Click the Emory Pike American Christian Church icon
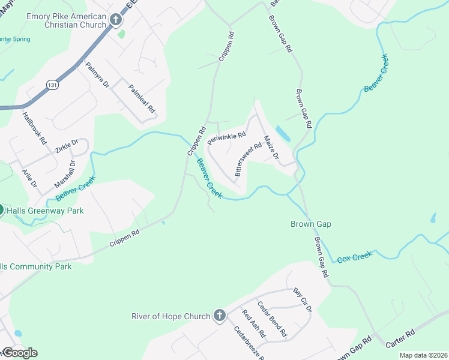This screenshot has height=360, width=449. click(116, 20)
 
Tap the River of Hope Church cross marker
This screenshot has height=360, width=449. click(220, 316)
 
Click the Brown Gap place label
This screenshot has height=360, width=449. click(311, 224)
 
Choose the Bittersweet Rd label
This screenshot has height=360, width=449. click(249, 158)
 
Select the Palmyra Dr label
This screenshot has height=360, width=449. click(97, 76)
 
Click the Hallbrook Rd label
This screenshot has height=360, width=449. click(34, 127)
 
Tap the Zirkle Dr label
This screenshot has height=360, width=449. click(67, 146)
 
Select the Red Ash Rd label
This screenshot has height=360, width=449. click(254, 325)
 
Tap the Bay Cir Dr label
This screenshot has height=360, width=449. click(303, 300)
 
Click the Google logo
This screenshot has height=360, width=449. click(20, 353)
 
